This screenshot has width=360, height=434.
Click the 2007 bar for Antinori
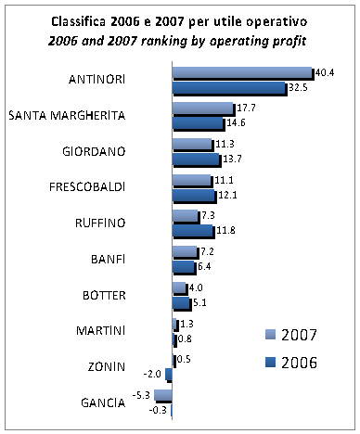click(241, 72)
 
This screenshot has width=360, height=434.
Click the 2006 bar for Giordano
click(196, 160)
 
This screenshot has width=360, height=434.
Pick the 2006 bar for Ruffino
click(192, 231)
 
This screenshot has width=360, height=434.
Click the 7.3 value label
click(210, 215)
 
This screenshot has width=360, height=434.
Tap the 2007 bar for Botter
click(179, 288)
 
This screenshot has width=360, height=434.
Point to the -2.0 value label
click(152, 374)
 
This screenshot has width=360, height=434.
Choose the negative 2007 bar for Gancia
click(162, 395)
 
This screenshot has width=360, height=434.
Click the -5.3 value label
click(141, 395)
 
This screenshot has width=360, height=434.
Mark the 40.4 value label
click(324, 71)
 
